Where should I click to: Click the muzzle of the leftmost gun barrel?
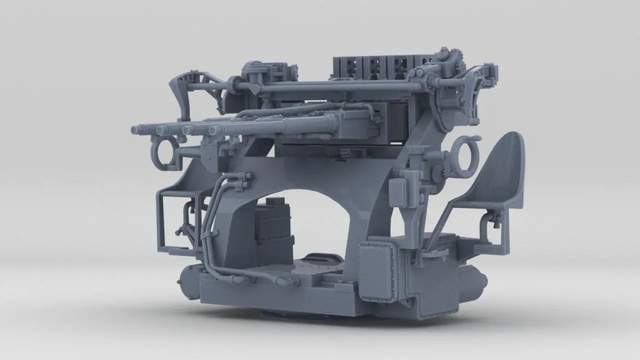click(x=135, y=129)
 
